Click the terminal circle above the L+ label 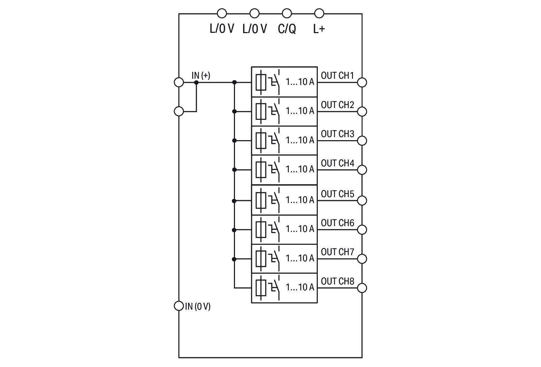[319, 13]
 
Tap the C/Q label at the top [287, 29]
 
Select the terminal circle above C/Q [287, 13]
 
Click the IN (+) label [201, 75]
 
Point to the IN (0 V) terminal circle [179, 306]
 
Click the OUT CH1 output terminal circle [362, 82]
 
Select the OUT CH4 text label [337, 163]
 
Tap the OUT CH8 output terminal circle [362, 288]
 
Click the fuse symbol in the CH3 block [261, 141]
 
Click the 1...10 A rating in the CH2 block [300, 111]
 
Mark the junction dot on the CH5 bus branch [234, 201]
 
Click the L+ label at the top [319, 29]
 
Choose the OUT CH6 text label [337, 223]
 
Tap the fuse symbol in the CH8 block [261, 287]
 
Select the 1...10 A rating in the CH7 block [300, 258]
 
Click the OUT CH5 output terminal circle [362, 200]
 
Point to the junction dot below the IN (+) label [196, 83]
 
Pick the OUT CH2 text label [337, 105]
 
